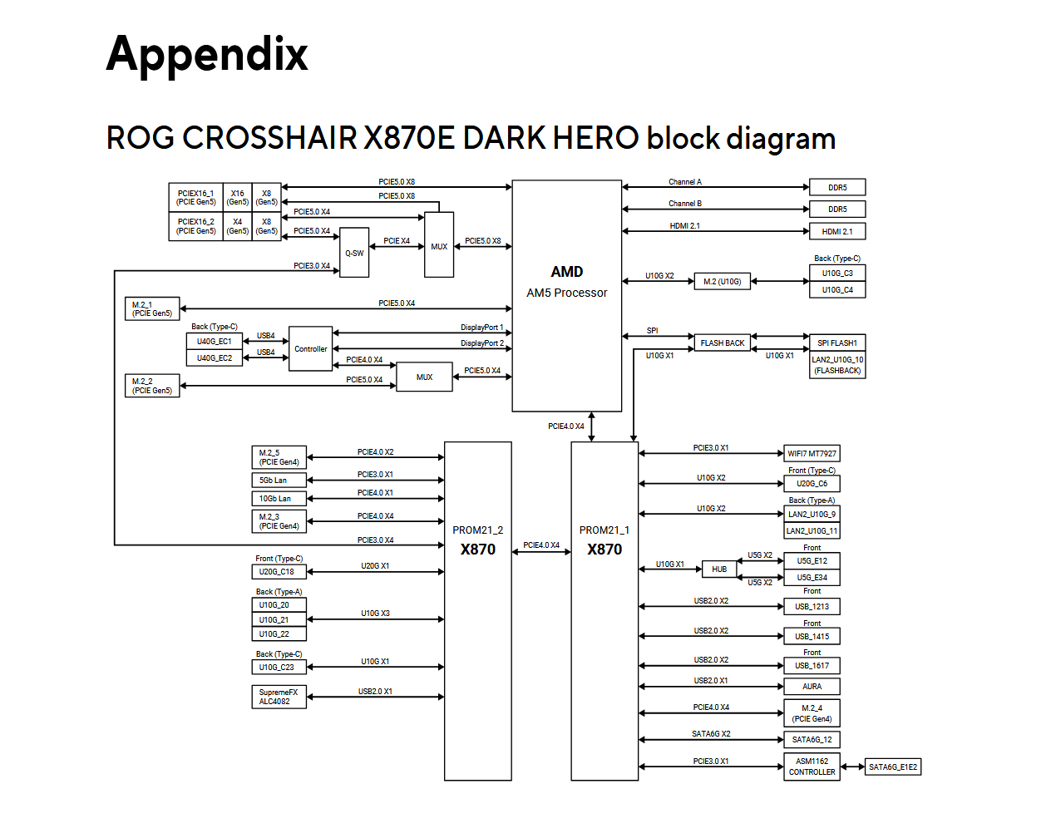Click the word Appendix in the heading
click(x=207, y=55)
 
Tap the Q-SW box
click(x=354, y=253)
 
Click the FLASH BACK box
click(x=722, y=343)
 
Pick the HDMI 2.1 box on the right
click(x=836, y=231)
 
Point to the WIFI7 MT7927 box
click(x=812, y=453)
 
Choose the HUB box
click(x=718, y=569)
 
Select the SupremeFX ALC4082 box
click(x=279, y=697)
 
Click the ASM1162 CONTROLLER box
click(x=812, y=767)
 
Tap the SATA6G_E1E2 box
click(x=892, y=767)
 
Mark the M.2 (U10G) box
click(x=722, y=281)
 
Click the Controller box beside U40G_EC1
click(x=310, y=348)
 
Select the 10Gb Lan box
click(x=279, y=499)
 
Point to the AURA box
click(x=812, y=687)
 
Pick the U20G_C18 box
click(x=279, y=571)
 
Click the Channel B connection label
click(x=684, y=203)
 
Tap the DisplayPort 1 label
click(x=481, y=328)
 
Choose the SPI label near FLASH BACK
click(x=652, y=330)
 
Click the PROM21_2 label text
click(x=477, y=530)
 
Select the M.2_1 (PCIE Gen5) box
click(x=152, y=309)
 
